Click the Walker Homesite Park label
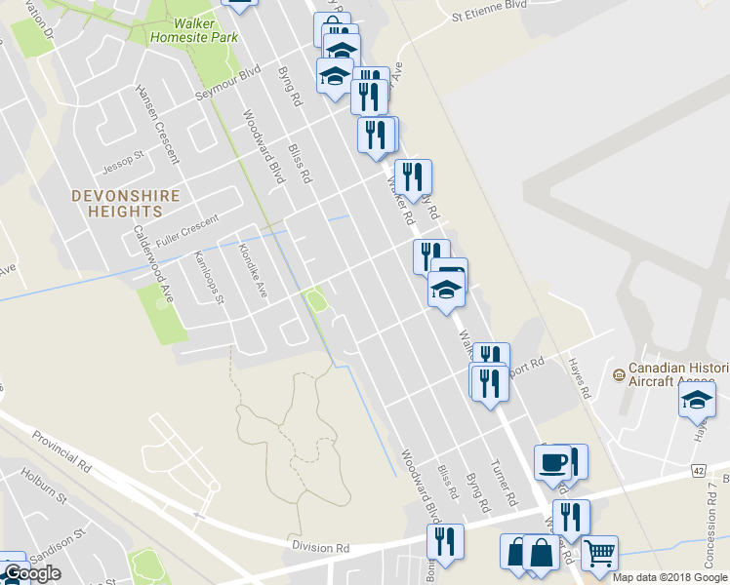coord(195,29)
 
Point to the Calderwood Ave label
coord(152,265)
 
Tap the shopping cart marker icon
coord(599,553)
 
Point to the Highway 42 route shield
coord(698,470)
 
